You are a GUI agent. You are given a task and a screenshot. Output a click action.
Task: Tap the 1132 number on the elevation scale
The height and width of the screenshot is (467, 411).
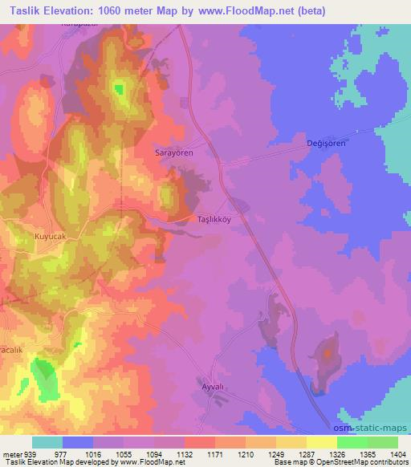(184, 454)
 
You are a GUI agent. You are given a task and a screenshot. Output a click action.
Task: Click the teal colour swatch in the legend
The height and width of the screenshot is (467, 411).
(47, 442)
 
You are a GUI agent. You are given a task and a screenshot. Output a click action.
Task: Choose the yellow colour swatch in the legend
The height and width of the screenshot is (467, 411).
(322, 442)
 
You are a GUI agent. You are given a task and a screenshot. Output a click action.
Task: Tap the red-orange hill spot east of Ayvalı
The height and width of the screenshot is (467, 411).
(327, 352)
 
